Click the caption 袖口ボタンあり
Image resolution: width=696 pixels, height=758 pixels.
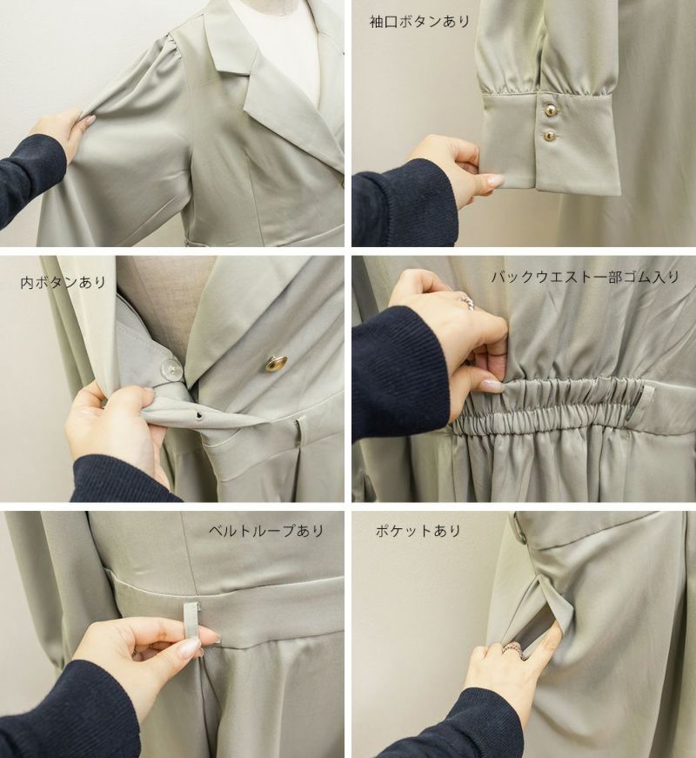click(419, 22)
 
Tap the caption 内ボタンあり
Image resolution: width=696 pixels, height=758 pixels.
click(63, 282)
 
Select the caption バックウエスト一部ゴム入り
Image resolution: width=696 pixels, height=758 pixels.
click(586, 277)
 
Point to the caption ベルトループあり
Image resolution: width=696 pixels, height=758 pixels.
click(266, 530)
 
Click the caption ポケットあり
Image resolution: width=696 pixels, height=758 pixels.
click(418, 530)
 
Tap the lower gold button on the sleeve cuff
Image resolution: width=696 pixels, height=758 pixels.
click(549, 137)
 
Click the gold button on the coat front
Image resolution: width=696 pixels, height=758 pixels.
click(277, 363)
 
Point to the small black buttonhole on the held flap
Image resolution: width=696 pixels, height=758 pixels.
click(198, 414)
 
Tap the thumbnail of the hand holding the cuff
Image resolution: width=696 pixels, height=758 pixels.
click(495, 181)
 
